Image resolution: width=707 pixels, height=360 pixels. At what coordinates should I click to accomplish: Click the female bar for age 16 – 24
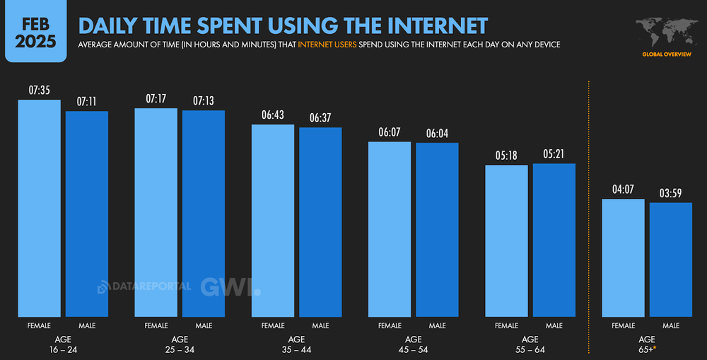point(39,209)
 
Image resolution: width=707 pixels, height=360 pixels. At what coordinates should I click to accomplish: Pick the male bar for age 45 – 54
point(437,230)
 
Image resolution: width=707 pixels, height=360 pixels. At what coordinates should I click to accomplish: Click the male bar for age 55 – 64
point(554,240)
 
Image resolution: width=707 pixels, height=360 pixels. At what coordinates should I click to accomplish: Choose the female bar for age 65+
point(623,258)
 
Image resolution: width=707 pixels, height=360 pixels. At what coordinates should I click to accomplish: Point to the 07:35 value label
point(39,91)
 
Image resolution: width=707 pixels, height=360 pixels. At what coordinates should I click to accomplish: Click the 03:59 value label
point(671,193)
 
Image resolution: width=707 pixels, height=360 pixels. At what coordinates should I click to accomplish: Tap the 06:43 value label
point(273,115)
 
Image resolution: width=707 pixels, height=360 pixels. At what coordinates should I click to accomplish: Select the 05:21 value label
point(554,154)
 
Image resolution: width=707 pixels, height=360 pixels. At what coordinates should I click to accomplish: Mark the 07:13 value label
point(203,101)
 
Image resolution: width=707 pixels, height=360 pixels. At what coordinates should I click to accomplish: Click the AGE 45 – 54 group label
point(413,344)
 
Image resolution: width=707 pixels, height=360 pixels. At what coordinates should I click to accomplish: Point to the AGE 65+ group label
point(647,344)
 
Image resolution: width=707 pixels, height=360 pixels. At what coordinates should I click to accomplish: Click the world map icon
point(667,32)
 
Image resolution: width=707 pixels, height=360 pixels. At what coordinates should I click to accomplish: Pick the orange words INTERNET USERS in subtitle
point(327,45)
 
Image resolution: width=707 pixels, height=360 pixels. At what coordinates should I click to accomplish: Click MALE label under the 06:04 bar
point(437,325)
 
